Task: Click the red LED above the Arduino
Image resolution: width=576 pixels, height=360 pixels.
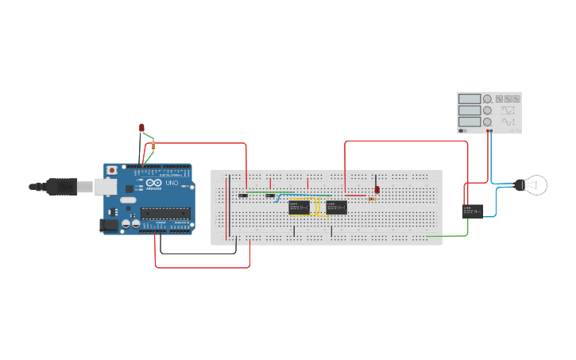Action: [141, 127]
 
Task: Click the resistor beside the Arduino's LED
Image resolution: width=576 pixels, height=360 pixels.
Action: [153, 145]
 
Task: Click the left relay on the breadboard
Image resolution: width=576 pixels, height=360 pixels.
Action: [299, 207]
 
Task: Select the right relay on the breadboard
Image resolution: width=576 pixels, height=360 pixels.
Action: [336, 207]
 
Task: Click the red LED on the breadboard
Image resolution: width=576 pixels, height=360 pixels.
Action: [377, 190]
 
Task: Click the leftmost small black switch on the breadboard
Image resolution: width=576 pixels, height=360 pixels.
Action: [243, 195]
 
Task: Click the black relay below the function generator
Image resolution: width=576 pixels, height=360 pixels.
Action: [473, 211]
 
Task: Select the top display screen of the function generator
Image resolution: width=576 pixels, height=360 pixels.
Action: [469, 99]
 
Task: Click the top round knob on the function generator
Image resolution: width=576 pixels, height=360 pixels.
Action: [487, 99]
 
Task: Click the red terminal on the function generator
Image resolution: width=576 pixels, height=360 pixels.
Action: [486, 130]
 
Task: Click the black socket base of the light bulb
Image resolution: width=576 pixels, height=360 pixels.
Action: [519, 185]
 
